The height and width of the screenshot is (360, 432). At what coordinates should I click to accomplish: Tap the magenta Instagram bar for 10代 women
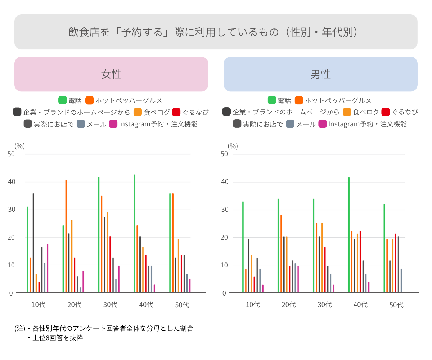[48, 268]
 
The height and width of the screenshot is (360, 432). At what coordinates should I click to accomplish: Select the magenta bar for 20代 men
[298, 279]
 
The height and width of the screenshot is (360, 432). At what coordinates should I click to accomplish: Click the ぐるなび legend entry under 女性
[190, 112]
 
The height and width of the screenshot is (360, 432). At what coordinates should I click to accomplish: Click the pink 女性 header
[111, 74]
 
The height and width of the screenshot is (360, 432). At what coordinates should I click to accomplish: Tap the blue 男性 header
[320, 74]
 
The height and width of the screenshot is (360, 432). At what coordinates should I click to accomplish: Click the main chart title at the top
[216, 32]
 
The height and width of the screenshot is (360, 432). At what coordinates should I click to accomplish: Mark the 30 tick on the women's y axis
[12, 210]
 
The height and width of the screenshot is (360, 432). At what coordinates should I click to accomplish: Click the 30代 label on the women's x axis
[110, 305]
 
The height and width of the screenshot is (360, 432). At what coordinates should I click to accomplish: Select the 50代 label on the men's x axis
[396, 305]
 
